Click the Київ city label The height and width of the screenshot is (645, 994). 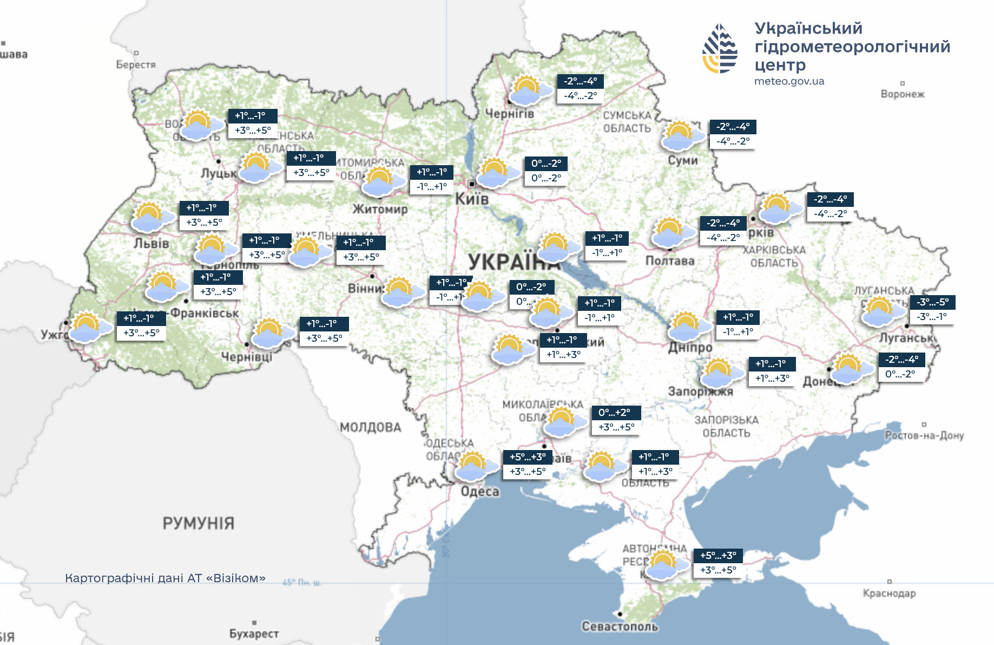pos(471,199)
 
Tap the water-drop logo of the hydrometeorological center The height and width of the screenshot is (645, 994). pos(719,49)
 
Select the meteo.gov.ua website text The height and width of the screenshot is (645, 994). pos(789,81)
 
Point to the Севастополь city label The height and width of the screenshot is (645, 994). pos(620,627)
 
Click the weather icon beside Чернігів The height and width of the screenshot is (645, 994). pos(529,90)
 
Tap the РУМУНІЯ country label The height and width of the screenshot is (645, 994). pos(198,523)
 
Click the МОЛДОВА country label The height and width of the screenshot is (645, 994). pos(371,427)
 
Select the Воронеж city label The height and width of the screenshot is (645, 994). pos(902,94)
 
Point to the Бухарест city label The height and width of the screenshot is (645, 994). pos(254,633)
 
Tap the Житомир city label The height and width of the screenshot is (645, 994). pos(380,209)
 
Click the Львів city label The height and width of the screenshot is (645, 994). pos(152,243)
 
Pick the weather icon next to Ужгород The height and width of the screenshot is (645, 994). pos(88,327)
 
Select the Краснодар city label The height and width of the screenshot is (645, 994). pos(889,593)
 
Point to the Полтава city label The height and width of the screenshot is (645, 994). pos(669,261)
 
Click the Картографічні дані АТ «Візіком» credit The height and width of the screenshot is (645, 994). pos(165,578)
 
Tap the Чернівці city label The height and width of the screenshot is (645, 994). pos(246,356)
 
